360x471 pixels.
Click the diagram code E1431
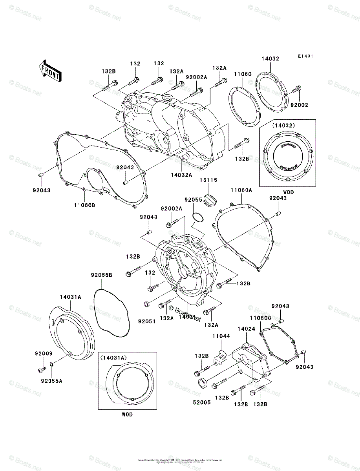pos(305,57)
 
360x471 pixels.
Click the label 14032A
pos(181,175)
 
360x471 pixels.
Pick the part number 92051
pos(147,321)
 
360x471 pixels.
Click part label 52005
pos(201,402)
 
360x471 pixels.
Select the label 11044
pos(221,336)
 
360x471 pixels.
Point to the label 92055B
pos(102,275)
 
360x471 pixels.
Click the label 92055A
pos(51,380)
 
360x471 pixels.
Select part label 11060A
pos(241,190)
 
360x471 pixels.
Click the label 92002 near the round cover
pos(299,105)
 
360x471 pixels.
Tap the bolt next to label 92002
pos(297,89)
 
